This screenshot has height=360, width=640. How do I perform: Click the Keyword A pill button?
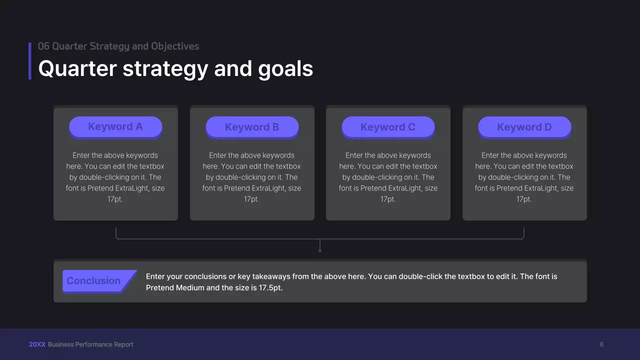[x=115, y=126]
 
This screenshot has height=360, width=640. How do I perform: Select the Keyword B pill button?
[x=252, y=127]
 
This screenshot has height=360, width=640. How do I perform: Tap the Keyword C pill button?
[x=388, y=127]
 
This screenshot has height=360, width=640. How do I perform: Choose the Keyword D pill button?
[x=524, y=127]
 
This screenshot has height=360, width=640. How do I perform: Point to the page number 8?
[x=601, y=344]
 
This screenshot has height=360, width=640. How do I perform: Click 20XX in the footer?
[x=37, y=344]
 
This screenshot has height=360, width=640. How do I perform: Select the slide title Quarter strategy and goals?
[x=175, y=68]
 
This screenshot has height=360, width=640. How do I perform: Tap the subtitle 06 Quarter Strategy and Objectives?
[x=118, y=46]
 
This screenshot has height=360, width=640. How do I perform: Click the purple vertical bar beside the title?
[x=30, y=60]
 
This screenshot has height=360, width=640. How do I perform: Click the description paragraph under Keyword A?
[x=115, y=177]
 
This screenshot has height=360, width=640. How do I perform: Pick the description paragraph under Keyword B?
[x=252, y=177]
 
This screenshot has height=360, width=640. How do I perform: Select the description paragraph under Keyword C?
[x=388, y=177]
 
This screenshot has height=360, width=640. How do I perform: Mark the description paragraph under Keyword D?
[x=524, y=177]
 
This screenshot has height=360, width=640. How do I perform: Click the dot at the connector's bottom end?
[x=320, y=250]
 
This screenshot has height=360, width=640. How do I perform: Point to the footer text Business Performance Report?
[x=90, y=344]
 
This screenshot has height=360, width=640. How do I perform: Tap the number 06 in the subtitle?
[x=43, y=46]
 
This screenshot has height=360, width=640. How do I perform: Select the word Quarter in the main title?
[x=77, y=68]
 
